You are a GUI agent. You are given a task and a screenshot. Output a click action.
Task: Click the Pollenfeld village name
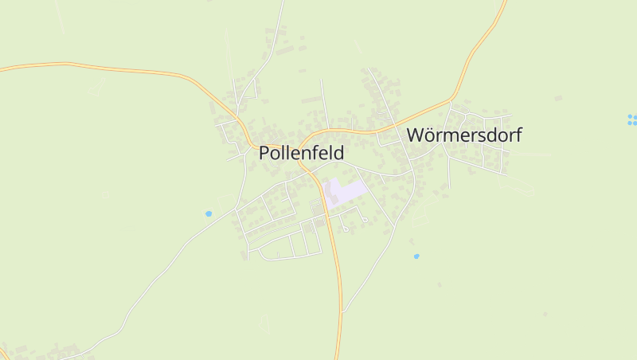point(301,153)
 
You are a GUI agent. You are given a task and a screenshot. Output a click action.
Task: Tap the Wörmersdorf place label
point(463,135)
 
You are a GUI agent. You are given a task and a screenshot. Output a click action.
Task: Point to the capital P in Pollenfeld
point(264,153)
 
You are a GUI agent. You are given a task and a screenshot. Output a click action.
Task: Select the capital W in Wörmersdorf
point(416,135)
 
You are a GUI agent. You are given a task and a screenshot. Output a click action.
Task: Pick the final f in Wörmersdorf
point(518,135)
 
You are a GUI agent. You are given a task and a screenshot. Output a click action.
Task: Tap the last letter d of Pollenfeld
point(339,153)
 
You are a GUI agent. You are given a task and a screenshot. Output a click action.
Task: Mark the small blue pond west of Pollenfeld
point(209,213)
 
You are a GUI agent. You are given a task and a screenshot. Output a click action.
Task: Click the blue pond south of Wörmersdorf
point(416,256)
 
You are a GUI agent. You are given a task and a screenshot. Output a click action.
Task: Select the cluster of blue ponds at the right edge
point(632,119)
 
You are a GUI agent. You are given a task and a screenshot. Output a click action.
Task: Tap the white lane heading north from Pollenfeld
point(275,40)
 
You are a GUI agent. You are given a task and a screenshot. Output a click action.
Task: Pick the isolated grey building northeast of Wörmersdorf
point(558,98)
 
